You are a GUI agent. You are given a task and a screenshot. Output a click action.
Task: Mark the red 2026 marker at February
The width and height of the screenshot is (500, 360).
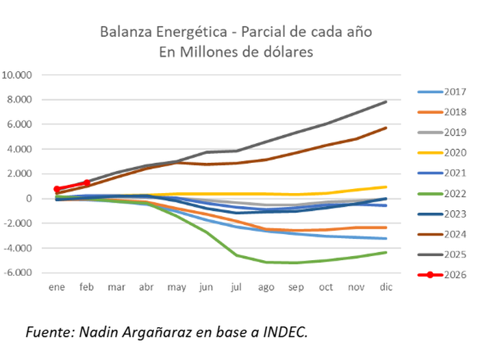87,183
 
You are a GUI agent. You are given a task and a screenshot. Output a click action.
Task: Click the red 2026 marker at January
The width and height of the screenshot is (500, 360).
57,189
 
